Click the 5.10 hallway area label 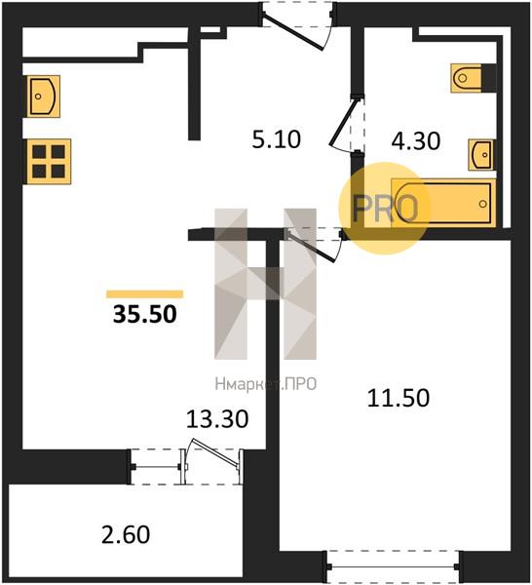coord(277,139)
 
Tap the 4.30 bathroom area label coord(416,141)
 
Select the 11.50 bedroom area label coord(399,398)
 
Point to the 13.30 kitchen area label coord(217,418)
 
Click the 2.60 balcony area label coord(126,534)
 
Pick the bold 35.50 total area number coord(144,314)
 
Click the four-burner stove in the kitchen coord(49,162)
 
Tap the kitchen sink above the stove coord(43,97)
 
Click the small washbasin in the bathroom coord(481,154)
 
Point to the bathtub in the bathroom coord(443,203)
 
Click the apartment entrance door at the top coord(297,25)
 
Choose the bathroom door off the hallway coord(348,123)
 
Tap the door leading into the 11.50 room coord(314,244)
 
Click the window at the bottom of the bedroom coord(393,566)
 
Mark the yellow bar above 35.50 coord(144,294)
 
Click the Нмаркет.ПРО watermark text coord(266,384)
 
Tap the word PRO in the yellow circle coord(384,208)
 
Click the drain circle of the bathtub coord(482,204)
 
